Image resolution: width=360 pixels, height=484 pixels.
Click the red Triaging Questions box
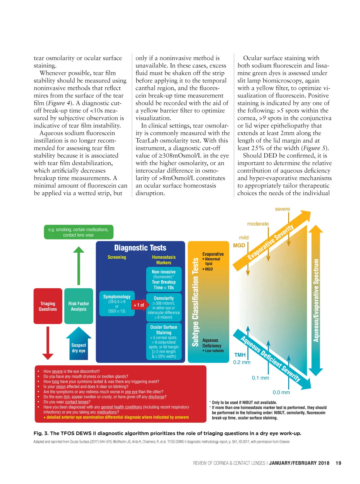pyautogui.click(x=48, y=306)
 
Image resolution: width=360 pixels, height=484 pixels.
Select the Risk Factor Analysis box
pyautogui.click(x=79, y=306)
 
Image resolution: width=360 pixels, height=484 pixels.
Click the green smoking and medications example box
pyautogui.click(x=79, y=232)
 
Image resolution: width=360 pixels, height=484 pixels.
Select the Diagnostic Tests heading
pyautogui.click(x=140, y=248)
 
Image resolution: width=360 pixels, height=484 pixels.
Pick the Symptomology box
pyautogui.click(x=117, y=303)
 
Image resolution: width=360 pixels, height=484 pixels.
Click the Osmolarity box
pyautogui.click(x=163, y=307)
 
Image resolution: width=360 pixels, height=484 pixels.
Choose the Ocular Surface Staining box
pyautogui.click(x=163, y=341)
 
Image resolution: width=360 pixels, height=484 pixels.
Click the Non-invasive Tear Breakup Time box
pyautogui.click(x=163, y=279)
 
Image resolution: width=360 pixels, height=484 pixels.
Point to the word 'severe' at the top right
pyautogui.click(x=282, y=209)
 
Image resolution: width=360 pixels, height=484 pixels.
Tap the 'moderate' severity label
pyautogui.click(x=258, y=224)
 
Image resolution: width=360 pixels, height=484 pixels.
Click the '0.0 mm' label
pyautogui.click(x=281, y=392)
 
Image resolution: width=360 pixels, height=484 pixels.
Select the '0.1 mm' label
pyautogui.click(x=260, y=378)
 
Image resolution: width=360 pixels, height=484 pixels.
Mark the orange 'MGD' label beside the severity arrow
pyautogui.click(x=239, y=245)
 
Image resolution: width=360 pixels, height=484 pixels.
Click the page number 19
pyautogui.click(x=338, y=463)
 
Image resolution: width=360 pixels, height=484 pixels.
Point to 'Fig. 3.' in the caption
pyautogui.click(x=41, y=433)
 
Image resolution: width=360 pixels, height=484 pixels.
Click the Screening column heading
pyautogui.click(x=117, y=257)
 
